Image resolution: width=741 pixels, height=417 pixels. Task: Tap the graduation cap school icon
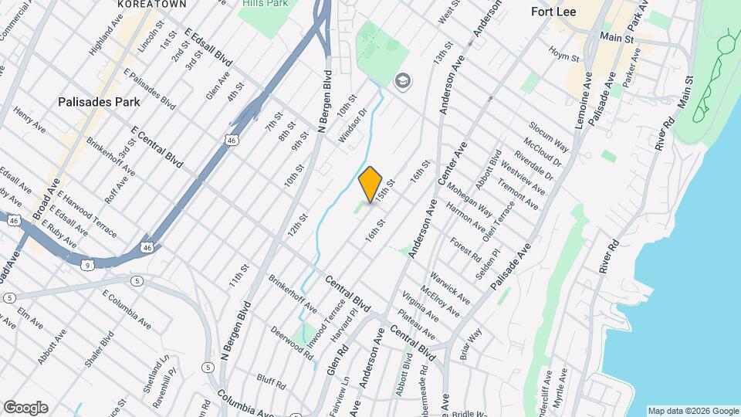(401, 80)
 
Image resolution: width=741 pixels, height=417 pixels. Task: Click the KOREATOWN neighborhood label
(141, 4)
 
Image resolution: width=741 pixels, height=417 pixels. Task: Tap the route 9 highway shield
(90, 265)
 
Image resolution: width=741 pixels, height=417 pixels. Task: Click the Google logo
(25, 408)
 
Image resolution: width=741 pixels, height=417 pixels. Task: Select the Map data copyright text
(693, 411)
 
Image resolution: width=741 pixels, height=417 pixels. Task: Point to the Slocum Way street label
(549, 136)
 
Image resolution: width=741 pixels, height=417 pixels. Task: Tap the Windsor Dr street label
(352, 128)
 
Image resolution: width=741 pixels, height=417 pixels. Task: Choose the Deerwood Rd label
(292, 344)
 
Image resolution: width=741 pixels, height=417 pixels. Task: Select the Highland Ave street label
(106, 33)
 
